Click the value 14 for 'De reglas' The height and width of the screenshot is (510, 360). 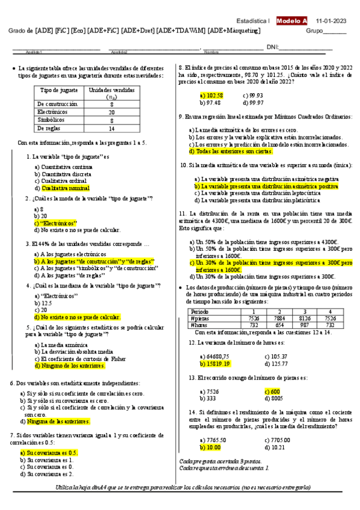(x=111, y=128)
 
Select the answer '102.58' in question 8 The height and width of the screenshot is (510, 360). (x=211, y=95)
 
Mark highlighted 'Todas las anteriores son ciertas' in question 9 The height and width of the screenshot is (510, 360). (x=225, y=152)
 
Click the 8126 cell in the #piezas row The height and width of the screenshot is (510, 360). (x=305, y=318)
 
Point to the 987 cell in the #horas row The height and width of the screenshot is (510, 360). (x=305, y=325)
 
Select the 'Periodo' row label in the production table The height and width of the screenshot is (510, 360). (x=200, y=312)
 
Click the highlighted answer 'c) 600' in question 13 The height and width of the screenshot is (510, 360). (x=272, y=390)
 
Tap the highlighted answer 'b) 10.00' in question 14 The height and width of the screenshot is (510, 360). (x=211, y=447)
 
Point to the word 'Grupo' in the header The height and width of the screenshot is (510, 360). (x=315, y=30)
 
